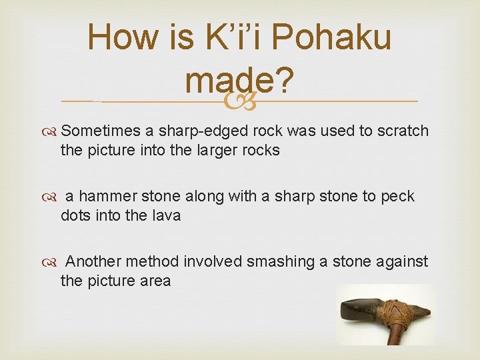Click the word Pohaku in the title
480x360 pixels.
pyautogui.click(x=332, y=38)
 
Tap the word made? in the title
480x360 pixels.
pyautogui.click(x=240, y=81)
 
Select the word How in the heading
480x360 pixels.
pyautogui.click(x=127, y=38)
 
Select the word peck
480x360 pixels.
pyautogui.click(x=397, y=197)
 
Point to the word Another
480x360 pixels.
pyautogui.click(x=93, y=262)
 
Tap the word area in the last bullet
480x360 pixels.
pyautogui.click(x=155, y=281)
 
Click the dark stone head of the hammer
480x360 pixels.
pyautogui.click(x=361, y=311)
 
